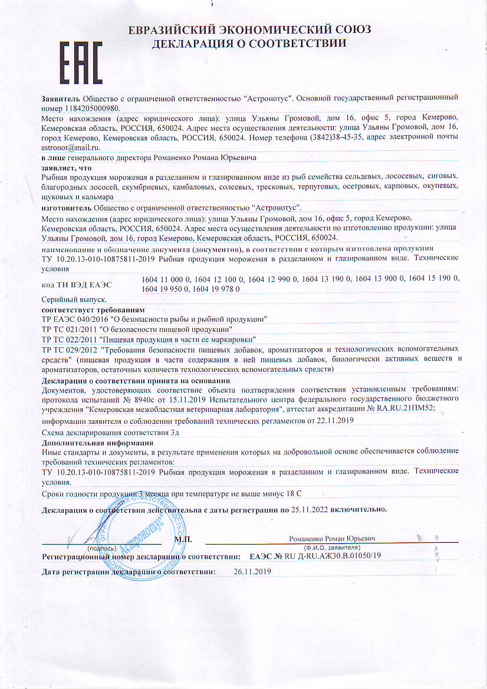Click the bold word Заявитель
(x=61, y=96)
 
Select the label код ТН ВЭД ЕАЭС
(x=77, y=285)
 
